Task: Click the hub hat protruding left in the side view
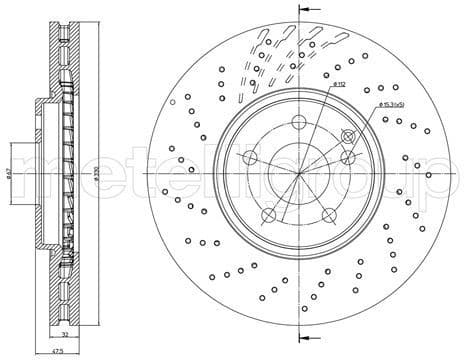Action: point(40,174)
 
